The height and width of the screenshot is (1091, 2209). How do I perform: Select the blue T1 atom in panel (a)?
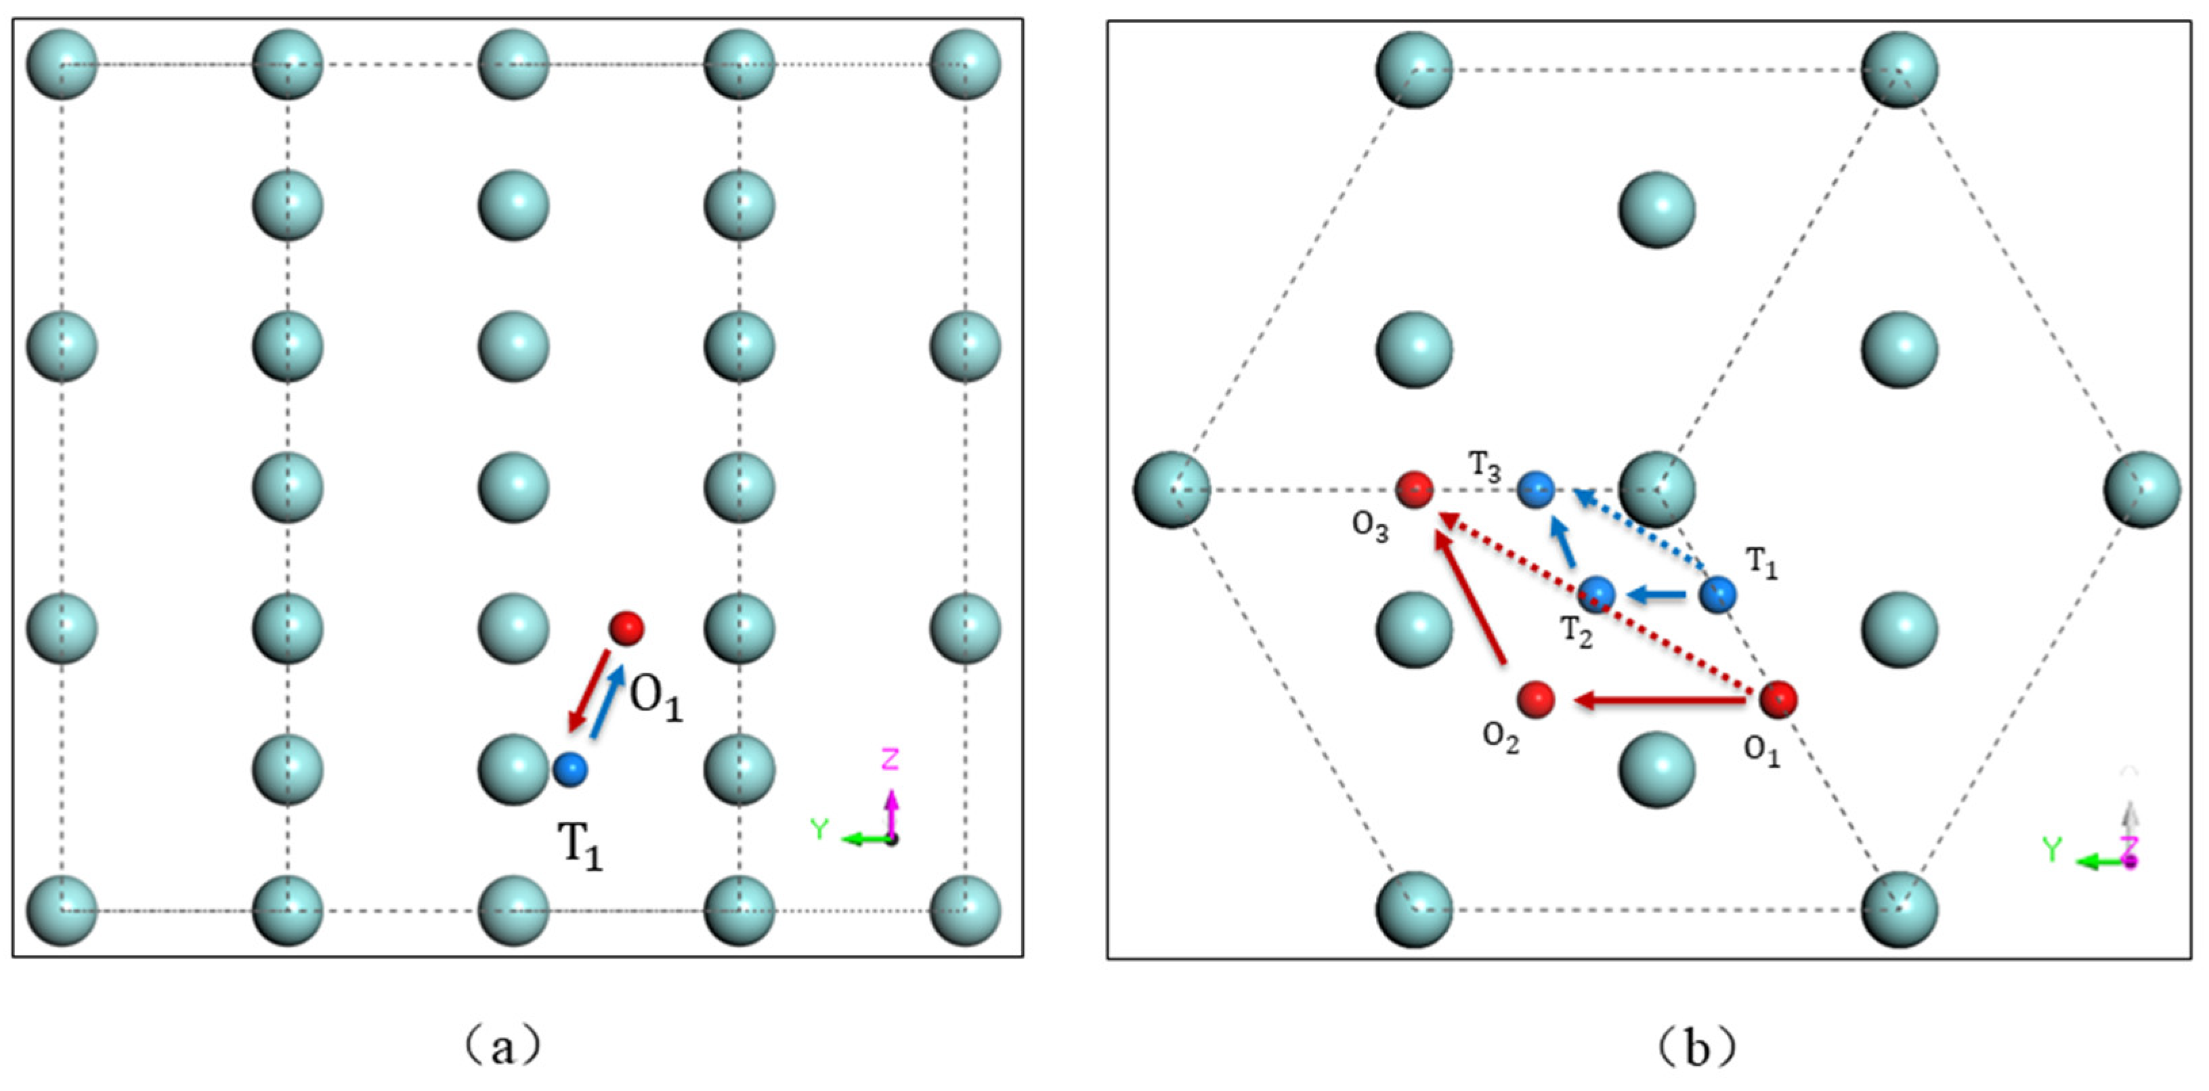pos(570,769)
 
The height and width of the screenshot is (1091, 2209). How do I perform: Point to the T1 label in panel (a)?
pos(580,846)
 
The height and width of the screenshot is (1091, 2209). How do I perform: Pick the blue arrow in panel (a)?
pos(608,700)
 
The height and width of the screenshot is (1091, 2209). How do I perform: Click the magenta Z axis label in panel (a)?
pos(890,759)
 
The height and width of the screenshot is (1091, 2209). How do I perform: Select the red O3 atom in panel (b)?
pos(1414,490)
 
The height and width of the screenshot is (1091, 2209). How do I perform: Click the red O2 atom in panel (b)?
pos(1535,700)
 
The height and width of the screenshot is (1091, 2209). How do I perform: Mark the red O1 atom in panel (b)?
pos(1778,700)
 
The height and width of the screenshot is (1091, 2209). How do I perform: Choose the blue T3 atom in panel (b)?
pos(1536,490)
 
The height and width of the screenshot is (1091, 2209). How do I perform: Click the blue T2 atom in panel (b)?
pos(1597,593)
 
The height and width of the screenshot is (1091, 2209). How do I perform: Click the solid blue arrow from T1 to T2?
pos(1656,593)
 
